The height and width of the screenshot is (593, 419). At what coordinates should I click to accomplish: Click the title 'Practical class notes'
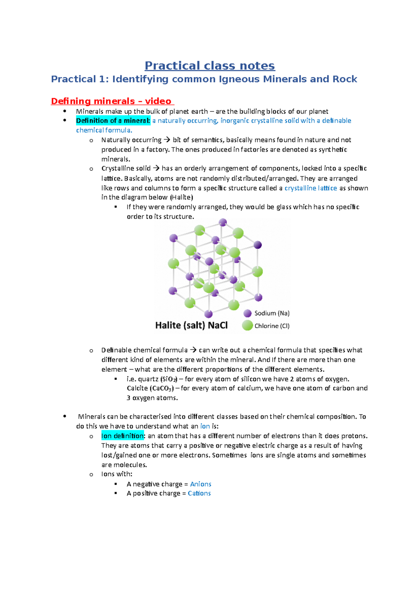(x=209, y=66)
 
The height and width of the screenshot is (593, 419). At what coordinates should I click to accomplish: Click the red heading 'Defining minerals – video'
(x=112, y=101)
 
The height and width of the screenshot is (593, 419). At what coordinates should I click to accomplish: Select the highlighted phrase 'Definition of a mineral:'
(x=113, y=121)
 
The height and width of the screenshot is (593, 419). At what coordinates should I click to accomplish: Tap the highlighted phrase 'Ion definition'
(x=122, y=436)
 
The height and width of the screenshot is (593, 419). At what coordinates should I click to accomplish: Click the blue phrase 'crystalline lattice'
(x=310, y=188)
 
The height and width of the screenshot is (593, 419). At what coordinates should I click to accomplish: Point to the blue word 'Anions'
(x=200, y=484)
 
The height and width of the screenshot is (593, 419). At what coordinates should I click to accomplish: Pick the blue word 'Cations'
(x=199, y=493)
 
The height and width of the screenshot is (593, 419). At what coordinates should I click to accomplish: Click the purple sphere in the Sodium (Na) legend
(x=248, y=313)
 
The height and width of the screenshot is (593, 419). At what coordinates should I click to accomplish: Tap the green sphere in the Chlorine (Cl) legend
(x=247, y=325)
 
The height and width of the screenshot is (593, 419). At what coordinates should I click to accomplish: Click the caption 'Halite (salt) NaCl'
(x=191, y=325)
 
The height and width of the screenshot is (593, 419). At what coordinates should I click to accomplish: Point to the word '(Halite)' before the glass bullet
(x=181, y=197)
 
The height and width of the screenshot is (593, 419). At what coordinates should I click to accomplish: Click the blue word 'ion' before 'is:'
(x=205, y=426)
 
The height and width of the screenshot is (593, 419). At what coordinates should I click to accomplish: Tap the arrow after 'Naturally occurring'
(x=167, y=140)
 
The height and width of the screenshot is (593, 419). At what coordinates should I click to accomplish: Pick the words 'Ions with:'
(x=117, y=474)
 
